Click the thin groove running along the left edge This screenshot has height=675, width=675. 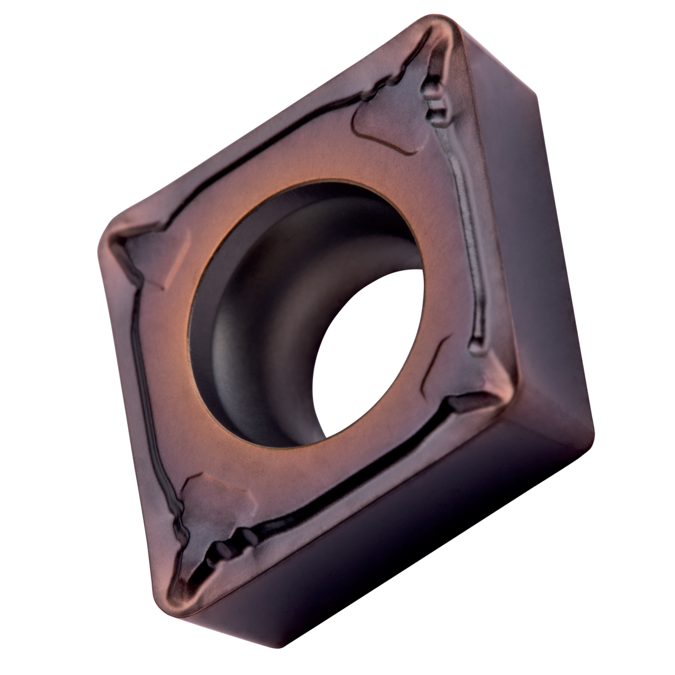click(x=144, y=396)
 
